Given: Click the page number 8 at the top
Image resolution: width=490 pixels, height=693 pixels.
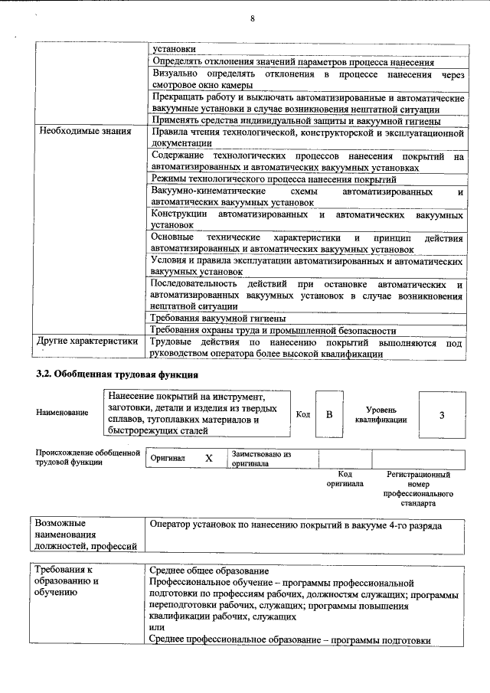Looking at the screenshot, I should [252, 19].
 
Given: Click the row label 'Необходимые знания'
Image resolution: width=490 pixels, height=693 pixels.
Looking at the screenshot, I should [84, 132].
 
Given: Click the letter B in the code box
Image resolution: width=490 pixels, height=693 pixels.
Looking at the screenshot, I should [328, 414].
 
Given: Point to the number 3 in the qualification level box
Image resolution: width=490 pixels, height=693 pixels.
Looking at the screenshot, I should [442, 414].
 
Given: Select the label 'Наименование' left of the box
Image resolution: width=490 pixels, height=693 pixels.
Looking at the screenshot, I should [62, 413].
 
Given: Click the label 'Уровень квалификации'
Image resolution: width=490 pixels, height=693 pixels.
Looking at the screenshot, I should [381, 414].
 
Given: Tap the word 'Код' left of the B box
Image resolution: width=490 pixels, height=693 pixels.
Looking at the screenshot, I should [302, 414].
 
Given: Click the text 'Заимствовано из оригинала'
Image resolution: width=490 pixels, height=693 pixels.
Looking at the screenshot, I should [261, 458].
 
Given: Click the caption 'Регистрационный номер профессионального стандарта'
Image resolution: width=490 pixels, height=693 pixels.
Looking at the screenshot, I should [419, 489].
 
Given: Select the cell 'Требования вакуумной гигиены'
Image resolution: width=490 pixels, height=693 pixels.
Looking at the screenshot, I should [219, 318].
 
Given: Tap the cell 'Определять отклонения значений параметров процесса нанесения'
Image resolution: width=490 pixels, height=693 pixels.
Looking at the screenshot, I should [295, 60].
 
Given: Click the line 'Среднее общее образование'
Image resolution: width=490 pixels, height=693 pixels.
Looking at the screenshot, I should [209, 571].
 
